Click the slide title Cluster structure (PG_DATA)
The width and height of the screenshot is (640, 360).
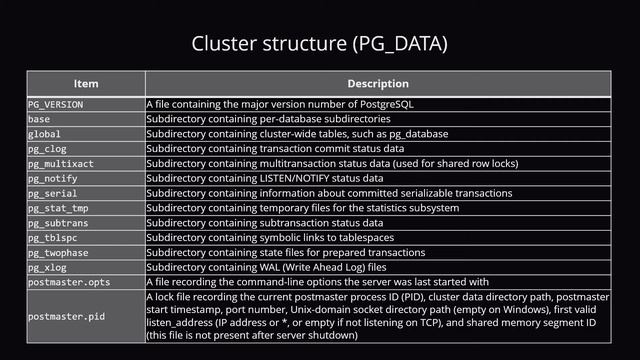coord(319,44)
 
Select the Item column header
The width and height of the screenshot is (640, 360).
coord(85,84)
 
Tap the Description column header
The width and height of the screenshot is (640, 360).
coord(377,84)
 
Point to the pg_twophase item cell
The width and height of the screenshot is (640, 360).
coord(59,253)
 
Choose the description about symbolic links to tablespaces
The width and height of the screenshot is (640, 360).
coord(275,238)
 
